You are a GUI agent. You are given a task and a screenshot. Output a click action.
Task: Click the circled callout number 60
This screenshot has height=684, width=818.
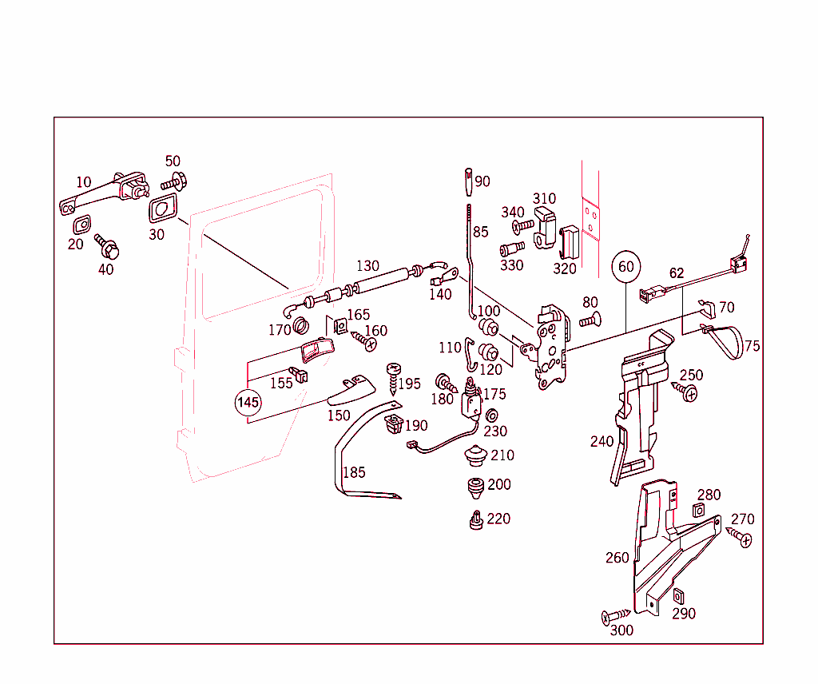click(627, 266)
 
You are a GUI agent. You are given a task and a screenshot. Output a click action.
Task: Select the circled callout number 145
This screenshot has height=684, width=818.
click(248, 402)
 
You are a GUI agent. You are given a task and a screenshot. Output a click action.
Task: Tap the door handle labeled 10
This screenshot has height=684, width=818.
click(104, 192)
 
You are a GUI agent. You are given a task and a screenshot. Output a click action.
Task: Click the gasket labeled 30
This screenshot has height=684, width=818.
click(162, 210)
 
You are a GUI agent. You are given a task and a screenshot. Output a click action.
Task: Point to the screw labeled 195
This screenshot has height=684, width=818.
click(394, 376)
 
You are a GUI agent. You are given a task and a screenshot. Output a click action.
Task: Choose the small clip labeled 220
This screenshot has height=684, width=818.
click(476, 520)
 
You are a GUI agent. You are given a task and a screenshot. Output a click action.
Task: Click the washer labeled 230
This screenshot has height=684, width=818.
click(492, 415)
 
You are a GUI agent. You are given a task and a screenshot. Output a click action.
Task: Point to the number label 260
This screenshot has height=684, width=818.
click(617, 558)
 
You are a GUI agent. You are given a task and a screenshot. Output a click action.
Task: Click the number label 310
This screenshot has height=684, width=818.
click(544, 198)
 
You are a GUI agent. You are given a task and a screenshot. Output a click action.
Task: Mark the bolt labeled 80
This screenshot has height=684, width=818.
click(590, 320)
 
